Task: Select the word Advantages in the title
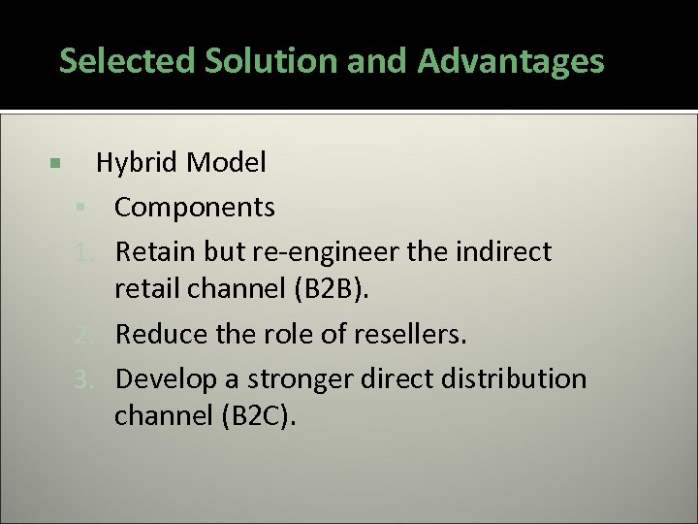(x=511, y=62)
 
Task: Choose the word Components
(x=194, y=208)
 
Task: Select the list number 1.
(x=84, y=252)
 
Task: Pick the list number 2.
(x=84, y=335)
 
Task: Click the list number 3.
(x=84, y=378)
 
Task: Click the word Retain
(x=155, y=252)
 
